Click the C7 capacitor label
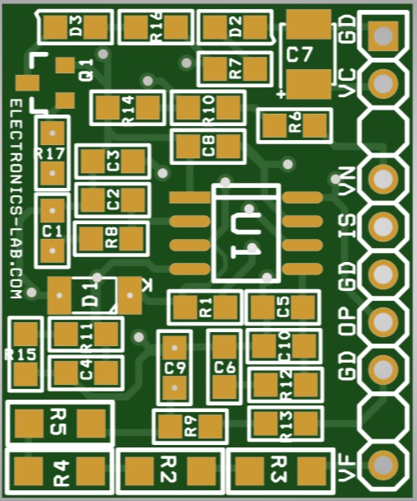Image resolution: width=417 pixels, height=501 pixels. [299, 54]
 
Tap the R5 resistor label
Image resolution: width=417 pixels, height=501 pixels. [59, 422]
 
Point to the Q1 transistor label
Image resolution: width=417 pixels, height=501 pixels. [87, 69]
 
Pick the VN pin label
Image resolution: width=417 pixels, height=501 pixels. [347, 181]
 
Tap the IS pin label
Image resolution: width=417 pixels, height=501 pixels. [347, 226]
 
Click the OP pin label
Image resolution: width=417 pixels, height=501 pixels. [347, 321]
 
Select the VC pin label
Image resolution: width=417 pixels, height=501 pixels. [347, 82]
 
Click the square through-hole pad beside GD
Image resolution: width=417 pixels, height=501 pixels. [383, 36]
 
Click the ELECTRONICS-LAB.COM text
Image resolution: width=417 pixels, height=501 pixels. [16, 199]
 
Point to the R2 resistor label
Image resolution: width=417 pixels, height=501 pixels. [168, 469]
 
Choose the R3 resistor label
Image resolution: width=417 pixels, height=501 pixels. [279, 469]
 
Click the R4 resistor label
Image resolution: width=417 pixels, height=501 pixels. [62, 473]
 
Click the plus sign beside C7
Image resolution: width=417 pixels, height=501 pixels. [281, 94]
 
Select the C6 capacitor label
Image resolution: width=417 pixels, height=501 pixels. [225, 368]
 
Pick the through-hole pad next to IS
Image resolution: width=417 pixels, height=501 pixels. [383, 227]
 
